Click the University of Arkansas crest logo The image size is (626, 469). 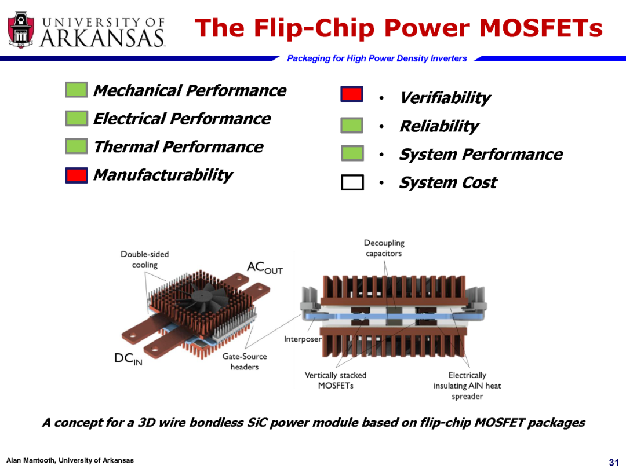click(x=21, y=30)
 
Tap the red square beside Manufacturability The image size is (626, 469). click(x=77, y=175)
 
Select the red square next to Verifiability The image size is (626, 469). click(x=352, y=94)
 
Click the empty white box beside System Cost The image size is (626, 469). click(x=352, y=182)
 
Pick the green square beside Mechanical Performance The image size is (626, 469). click(x=77, y=90)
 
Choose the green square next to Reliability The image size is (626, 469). click(x=352, y=125)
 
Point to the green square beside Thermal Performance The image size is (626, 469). click(x=77, y=146)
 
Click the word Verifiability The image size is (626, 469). click(x=445, y=98)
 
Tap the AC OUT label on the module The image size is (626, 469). click(x=265, y=267)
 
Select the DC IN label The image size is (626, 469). click(x=128, y=358)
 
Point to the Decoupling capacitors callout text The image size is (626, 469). click(x=384, y=248)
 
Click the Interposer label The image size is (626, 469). click(x=303, y=339)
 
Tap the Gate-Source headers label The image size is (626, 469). click(x=245, y=361)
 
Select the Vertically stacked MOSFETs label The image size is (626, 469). click(x=336, y=380)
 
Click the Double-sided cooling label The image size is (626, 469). click(x=144, y=259)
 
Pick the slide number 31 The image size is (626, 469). click(x=614, y=462)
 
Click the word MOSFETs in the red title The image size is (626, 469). click(x=541, y=28)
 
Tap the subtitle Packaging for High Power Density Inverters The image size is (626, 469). click(x=377, y=58)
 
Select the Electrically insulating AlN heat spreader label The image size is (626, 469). click(x=467, y=386)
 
